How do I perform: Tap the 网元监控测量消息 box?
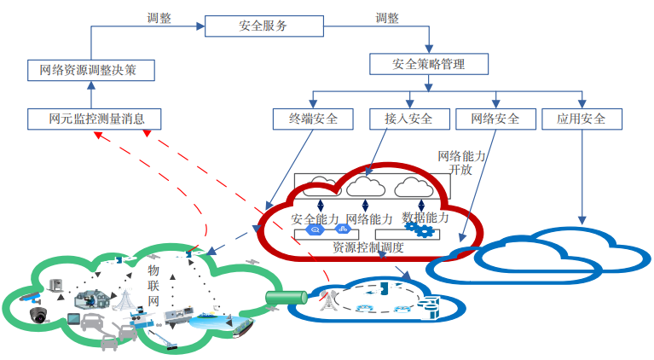pyautogui.click(x=94, y=119)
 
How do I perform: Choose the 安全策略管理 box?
pyautogui.click(x=429, y=64)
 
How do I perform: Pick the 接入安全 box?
pyautogui.click(x=402, y=119)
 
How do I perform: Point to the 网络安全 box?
pyautogui.click(x=495, y=119)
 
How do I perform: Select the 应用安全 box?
pyautogui.click(x=582, y=119)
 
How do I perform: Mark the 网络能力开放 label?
pyautogui.click(x=461, y=163)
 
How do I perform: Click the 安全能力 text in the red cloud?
pyautogui.click(x=315, y=219)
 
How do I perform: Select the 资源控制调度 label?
pyautogui.click(x=368, y=247)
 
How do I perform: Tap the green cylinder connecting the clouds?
pyautogui.click(x=285, y=298)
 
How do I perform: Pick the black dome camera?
pyautogui.click(x=38, y=315)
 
